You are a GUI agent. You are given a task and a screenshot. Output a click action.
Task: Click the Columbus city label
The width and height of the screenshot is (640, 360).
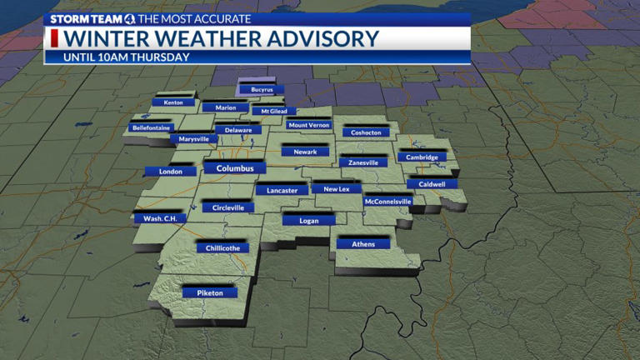[x=234, y=168]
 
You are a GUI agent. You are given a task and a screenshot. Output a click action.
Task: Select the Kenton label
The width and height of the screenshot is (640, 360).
[x=173, y=102]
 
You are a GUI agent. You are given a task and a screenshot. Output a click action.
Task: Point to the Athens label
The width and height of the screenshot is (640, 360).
[x=363, y=244]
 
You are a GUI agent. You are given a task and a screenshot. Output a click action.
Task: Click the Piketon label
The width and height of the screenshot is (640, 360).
[x=210, y=293]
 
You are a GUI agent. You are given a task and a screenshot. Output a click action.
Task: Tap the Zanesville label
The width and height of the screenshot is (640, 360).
[x=363, y=162]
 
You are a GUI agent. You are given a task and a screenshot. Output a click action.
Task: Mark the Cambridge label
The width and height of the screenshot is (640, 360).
[x=422, y=157]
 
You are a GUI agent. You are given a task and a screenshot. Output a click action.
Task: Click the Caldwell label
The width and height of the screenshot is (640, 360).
[x=432, y=184]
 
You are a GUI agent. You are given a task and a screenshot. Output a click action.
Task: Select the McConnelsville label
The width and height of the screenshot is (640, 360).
[x=388, y=202]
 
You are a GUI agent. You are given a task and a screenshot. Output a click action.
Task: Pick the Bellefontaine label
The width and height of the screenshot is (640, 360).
[x=152, y=128]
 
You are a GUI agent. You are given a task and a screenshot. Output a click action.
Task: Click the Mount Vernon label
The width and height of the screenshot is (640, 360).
[x=308, y=125]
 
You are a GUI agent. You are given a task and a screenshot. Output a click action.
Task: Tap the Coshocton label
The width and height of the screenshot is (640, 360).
[x=366, y=132]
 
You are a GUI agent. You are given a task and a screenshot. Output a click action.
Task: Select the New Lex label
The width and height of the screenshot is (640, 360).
[x=337, y=189]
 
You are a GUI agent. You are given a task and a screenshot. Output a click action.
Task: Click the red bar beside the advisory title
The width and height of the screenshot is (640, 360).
[x=55, y=38]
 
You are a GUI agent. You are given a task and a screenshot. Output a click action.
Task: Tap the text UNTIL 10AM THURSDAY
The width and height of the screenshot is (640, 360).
[x=127, y=57]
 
